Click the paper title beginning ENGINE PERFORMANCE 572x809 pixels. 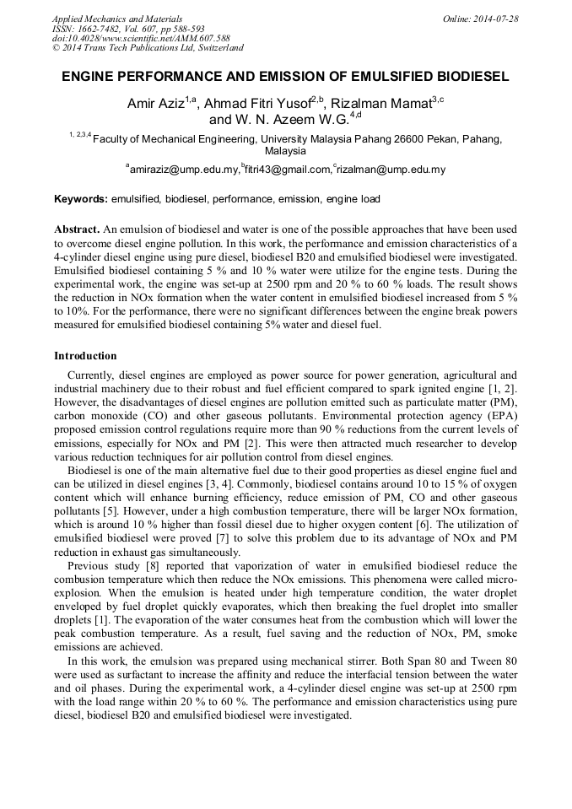285,76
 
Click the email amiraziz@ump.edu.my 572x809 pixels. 184,170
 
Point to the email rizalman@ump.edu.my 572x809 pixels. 391,170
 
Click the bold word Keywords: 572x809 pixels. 80,199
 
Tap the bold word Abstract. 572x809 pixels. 77,229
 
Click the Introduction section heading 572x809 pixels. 85,356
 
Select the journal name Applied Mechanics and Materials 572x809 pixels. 116,19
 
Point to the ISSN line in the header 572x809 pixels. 124,29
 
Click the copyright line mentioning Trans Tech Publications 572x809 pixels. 148,49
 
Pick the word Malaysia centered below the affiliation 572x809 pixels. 285,152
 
